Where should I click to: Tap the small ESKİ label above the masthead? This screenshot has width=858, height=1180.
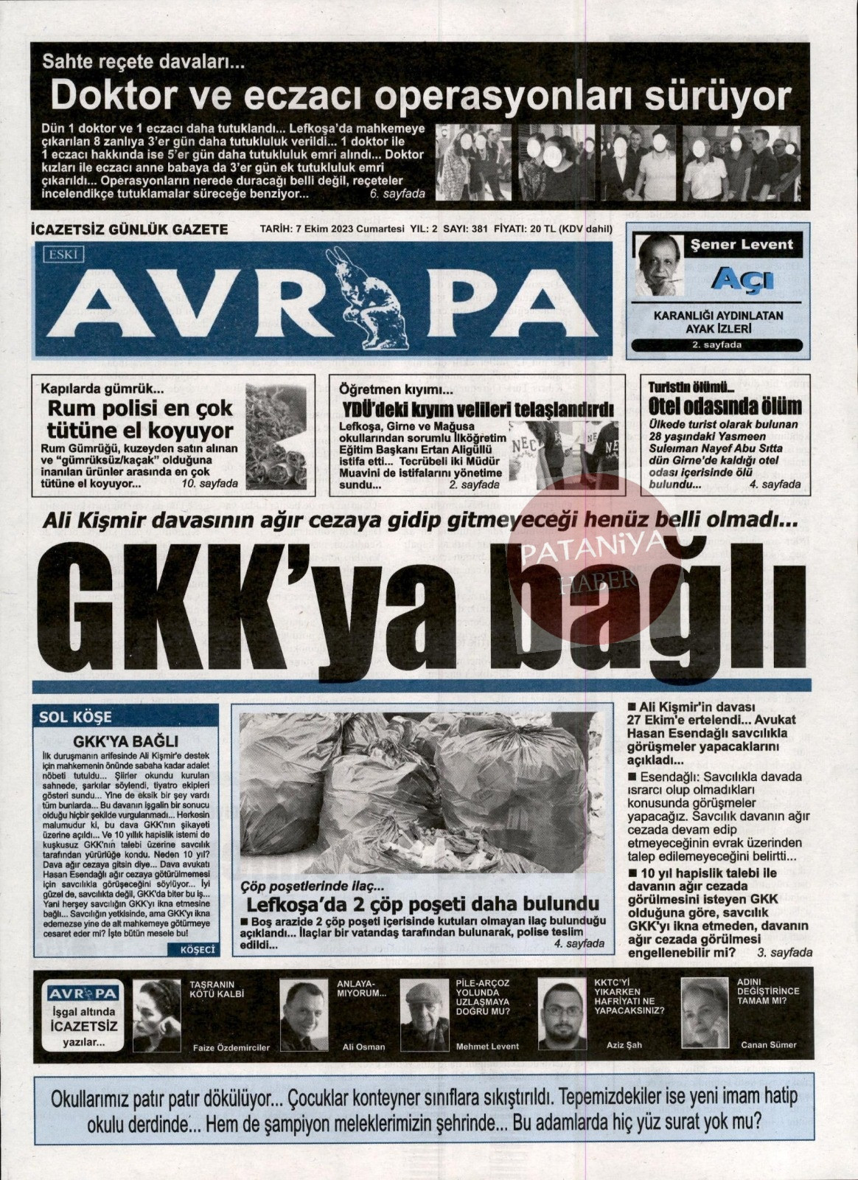66,255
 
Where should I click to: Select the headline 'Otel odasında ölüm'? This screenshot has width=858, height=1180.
725,406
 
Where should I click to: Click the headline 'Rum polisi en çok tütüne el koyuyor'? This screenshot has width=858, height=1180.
140,419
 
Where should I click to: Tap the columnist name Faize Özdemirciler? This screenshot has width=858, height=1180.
231,1047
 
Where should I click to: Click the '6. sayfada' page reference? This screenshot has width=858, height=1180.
398,194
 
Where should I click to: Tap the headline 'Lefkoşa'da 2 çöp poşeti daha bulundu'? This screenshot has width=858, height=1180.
422,904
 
